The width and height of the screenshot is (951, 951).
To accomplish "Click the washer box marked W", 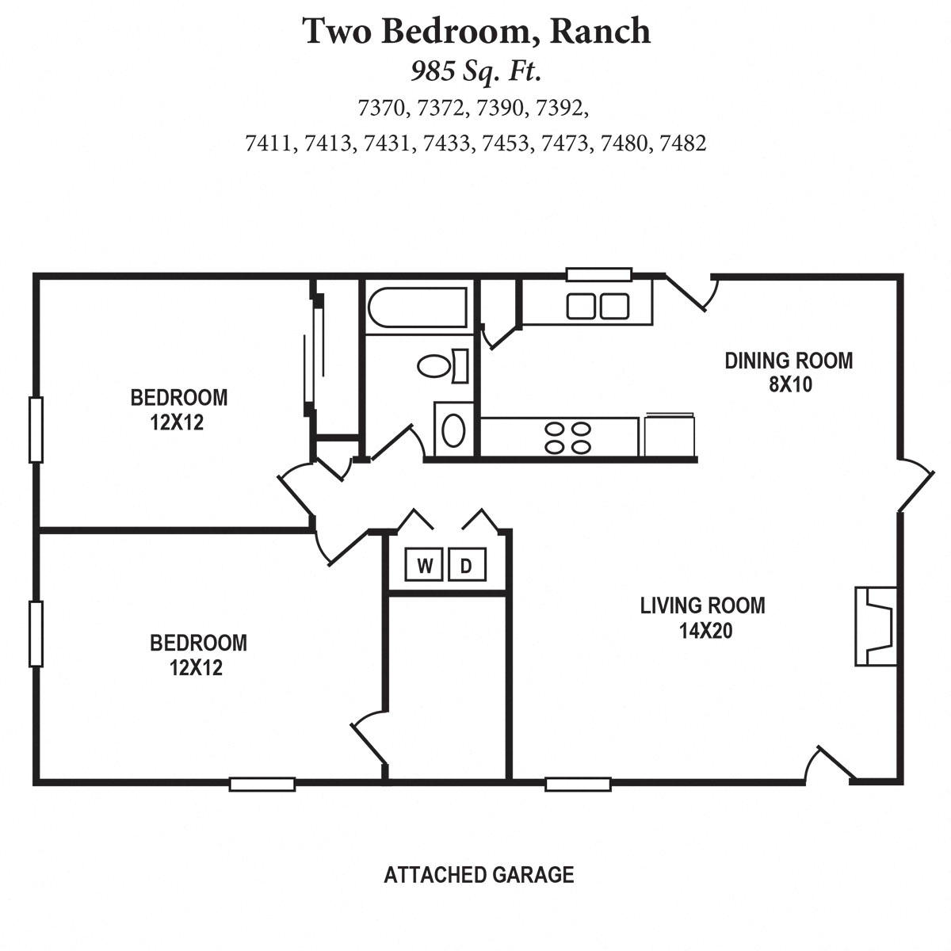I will (x=425, y=566).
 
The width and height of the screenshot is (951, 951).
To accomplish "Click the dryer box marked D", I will (x=466, y=566).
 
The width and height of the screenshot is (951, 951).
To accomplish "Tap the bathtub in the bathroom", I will (x=416, y=307).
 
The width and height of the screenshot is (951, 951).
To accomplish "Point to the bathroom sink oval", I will (x=453, y=429).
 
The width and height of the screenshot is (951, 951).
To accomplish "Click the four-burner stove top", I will (x=567, y=437).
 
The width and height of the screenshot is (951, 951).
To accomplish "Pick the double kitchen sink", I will (x=598, y=306).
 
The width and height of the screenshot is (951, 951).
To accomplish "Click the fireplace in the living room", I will (x=875, y=626).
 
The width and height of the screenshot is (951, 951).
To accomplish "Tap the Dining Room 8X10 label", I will (x=789, y=372).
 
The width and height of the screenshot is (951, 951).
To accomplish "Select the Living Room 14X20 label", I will (x=702, y=618).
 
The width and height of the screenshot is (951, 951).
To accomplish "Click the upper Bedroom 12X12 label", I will (x=178, y=409).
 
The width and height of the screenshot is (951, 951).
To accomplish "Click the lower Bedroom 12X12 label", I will (x=198, y=655).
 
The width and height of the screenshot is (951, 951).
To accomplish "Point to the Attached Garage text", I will (x=479, y=875).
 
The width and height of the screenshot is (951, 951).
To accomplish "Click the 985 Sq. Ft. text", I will (x=475, y=72).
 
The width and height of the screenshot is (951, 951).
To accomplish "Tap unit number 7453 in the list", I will (x=505, y=143).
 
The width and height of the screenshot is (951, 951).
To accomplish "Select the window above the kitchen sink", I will (x=598, y=275).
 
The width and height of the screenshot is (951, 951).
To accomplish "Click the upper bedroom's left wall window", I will (x=35, y=430).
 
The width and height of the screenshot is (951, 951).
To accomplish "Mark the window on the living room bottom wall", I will (x=578, y=785).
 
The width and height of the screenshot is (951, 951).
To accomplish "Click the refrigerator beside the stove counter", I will (x=670, y=436).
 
